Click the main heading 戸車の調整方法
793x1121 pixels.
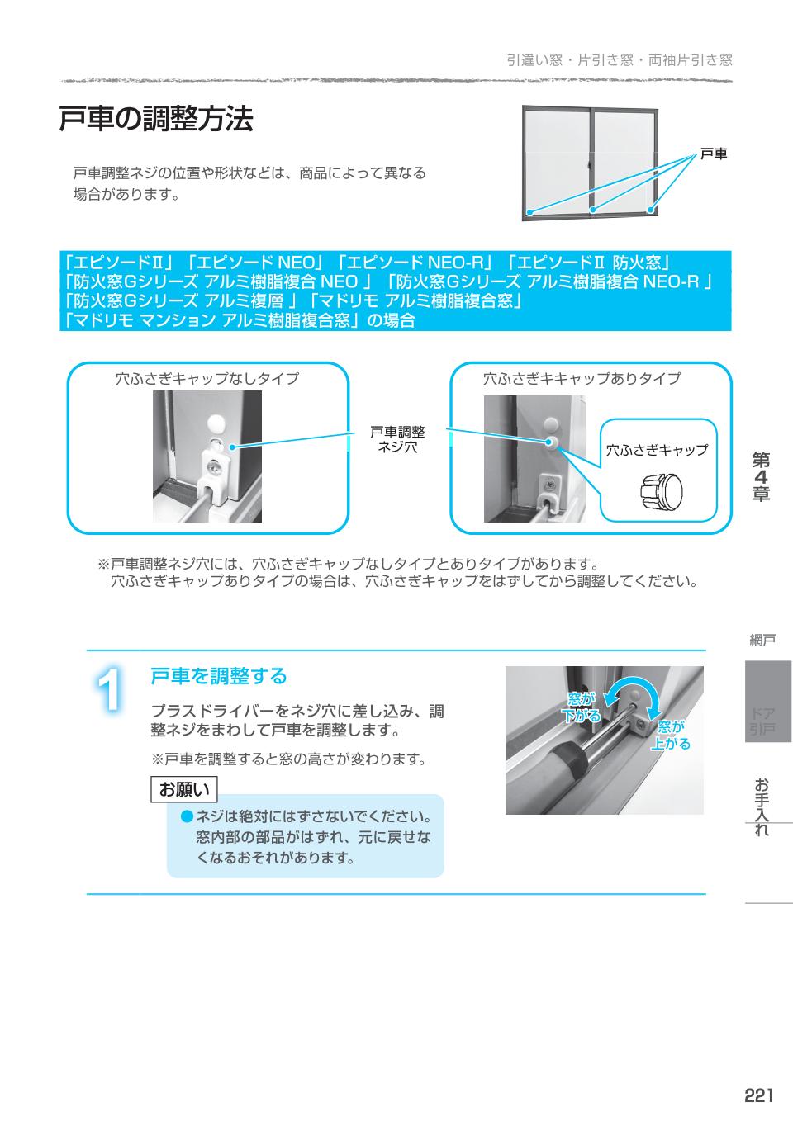(155, 119)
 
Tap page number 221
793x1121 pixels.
(758, 1095)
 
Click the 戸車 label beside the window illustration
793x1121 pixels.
(714, 154)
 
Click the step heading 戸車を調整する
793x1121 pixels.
(218, 676)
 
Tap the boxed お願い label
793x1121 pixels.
(184, 789)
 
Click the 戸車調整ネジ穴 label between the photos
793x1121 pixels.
(397, 439)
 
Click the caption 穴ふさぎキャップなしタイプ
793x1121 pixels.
(207, 379)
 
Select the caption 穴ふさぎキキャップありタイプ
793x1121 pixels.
(582, 379)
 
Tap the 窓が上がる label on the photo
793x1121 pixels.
(671, 735)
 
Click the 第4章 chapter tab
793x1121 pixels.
(761, 477)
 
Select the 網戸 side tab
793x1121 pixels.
(762, 640)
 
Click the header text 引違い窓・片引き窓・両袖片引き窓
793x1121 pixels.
(619, 60)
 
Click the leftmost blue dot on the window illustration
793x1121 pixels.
(530, 213)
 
